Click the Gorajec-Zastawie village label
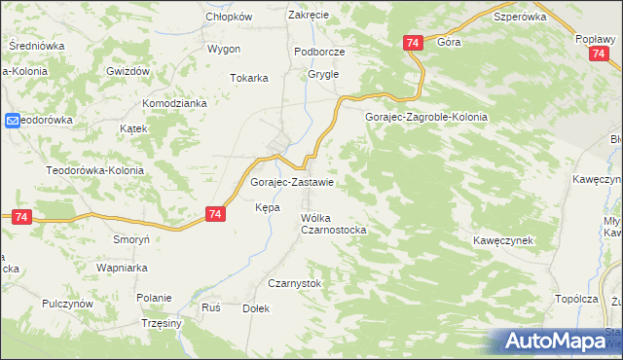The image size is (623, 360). [293, 182]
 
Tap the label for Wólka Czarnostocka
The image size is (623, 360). [333, 224]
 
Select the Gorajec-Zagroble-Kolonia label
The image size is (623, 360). [425, 117]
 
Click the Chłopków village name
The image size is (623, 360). [229, 18]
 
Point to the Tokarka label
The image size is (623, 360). [248, 78]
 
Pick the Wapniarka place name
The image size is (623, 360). [121, 266]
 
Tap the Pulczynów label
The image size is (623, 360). [67, 304]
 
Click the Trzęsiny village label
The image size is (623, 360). [162, 323]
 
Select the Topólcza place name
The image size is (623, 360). [577, 299]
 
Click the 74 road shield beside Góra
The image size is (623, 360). [412, 43]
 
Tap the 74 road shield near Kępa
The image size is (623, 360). [216, 214]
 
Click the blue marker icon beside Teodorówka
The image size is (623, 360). [12, 121]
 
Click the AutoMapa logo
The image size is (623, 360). [557, 342]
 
